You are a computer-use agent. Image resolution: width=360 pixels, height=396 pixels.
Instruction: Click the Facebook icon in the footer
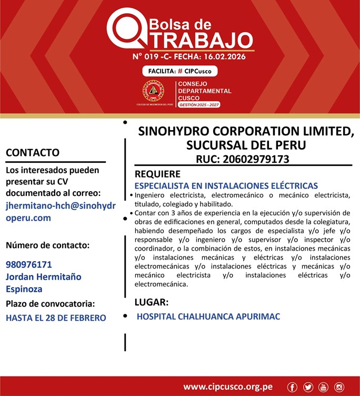(x=293, y=388)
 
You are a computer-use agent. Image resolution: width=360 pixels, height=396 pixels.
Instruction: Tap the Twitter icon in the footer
(x=308, y=388)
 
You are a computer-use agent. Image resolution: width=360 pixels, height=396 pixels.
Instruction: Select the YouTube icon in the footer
(x=324, y=388)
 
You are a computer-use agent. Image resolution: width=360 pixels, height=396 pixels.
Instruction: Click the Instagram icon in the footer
(x=339, y=388)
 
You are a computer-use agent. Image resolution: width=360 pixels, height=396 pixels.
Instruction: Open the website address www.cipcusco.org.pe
(x=228, y=387)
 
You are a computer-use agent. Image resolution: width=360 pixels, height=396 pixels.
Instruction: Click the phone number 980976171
(x=29, y=264)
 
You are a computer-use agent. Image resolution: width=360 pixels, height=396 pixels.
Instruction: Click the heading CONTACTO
(x=32, y=153)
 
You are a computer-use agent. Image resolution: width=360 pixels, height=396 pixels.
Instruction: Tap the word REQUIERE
(x=157, y=174)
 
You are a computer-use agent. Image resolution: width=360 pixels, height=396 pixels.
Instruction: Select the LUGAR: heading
(x=152, y=302)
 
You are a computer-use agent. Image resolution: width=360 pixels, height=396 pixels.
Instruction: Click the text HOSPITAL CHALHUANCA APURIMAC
(x=208, y=316)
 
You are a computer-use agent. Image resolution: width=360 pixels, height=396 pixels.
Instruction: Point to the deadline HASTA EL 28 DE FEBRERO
(x=56, y=318)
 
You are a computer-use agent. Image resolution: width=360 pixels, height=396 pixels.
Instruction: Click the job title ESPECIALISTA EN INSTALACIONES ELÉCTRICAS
(x=226, y=185)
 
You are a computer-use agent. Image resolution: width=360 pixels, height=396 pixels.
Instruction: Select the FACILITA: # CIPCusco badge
(x=179, y=71)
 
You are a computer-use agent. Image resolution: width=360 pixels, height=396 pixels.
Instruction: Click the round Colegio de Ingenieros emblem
(x=154, y=91)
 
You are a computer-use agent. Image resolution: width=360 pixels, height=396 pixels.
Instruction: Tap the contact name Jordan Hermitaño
(x=44, y=276)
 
